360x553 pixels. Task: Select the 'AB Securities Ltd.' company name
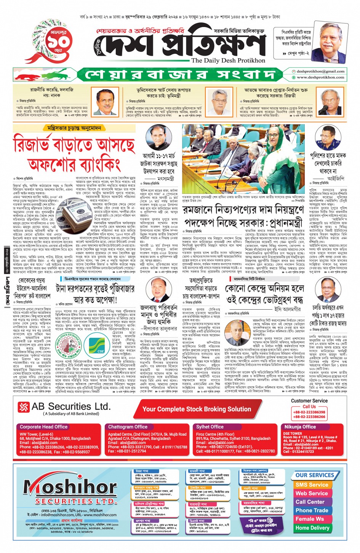(71, 406)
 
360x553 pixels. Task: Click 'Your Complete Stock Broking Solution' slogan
(197, 409)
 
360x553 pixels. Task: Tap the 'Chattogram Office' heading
(128, 427)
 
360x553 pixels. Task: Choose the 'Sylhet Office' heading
(210, 427)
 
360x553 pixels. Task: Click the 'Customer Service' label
(309, 401)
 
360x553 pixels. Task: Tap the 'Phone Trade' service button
(312, 510)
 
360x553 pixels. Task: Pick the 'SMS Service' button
(312, 485)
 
